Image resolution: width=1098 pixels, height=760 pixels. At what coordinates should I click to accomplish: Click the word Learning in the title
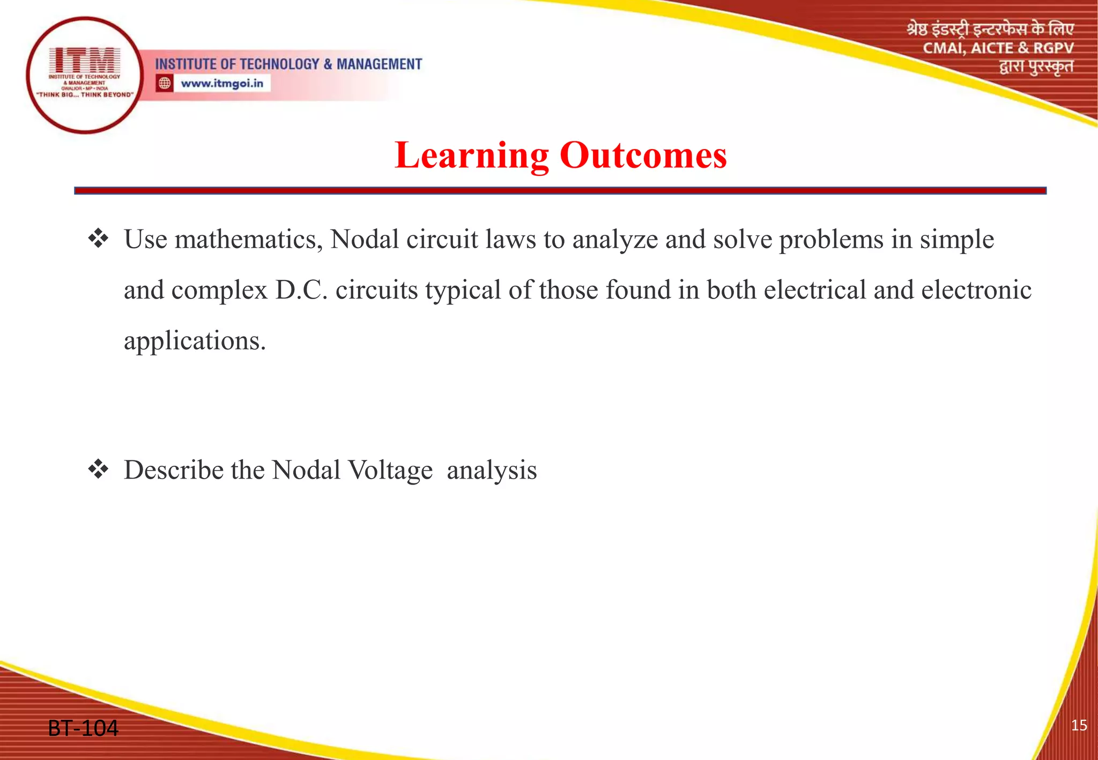(471, 156)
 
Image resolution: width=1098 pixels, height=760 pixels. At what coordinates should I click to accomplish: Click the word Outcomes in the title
(643, 156)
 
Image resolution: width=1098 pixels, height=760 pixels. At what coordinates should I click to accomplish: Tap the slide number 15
(1079, 726)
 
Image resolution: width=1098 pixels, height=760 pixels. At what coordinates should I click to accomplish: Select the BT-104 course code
(83, 728)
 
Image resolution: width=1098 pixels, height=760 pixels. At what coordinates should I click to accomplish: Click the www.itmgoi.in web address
(222, 84)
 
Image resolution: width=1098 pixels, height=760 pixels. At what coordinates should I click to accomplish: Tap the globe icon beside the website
(165, 84)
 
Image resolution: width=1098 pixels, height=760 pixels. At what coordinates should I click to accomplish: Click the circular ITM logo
(85, 75)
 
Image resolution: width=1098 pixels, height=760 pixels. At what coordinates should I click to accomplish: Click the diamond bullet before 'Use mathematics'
(98, 239)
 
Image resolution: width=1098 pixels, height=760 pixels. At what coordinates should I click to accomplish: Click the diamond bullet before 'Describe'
(98, 470)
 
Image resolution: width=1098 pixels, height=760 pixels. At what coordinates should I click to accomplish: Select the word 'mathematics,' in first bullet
(248, 240)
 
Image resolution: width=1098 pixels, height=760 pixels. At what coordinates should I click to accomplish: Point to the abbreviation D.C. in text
(301, 290)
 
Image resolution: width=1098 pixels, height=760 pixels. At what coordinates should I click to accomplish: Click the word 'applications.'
(195, 341)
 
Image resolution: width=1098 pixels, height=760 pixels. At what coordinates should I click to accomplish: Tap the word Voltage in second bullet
(390, 471)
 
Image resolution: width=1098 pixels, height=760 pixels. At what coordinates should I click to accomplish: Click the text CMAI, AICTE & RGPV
(998, 48)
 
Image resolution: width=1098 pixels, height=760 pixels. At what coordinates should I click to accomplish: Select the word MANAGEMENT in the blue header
(379, 64)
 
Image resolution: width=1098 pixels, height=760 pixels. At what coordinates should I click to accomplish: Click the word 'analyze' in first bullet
(615, 240)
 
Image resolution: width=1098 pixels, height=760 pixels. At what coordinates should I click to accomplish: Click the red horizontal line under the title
(560, 190)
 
